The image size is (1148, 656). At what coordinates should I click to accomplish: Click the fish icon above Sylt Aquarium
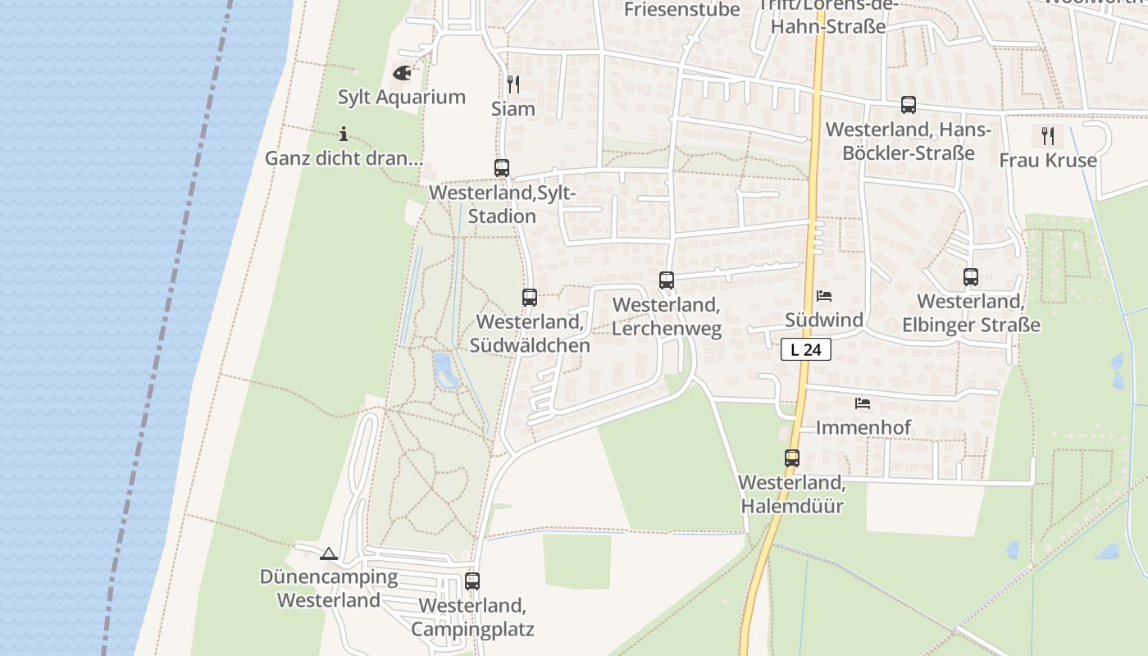402,73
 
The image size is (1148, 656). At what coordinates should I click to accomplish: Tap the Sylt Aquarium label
402,97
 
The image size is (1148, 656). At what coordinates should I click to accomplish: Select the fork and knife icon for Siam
512,84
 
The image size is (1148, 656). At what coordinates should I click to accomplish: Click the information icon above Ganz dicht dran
344,134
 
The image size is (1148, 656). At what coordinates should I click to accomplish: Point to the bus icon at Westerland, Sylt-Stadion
502,168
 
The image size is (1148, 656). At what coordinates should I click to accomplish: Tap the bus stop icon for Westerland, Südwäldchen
530,298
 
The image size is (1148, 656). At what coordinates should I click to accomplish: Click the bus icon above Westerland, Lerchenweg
667,280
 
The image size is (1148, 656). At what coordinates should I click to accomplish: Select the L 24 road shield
806,349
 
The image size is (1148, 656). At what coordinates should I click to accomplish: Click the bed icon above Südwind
824,296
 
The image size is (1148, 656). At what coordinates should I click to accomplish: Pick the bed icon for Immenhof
862,403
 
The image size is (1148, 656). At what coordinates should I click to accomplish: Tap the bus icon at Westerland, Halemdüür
792,458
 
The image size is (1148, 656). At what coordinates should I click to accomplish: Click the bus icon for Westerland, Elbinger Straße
971,277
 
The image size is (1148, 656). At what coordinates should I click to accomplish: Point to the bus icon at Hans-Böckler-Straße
909,105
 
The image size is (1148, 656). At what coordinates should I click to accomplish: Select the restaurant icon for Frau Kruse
1048,135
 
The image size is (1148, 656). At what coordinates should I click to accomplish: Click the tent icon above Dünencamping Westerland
329,554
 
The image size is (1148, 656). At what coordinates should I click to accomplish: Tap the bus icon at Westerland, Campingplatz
472,581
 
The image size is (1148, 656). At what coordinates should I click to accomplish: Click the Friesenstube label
682,10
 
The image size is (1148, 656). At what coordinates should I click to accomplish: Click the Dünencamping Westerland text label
329,588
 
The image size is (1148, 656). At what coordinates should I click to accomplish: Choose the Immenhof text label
863,427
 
